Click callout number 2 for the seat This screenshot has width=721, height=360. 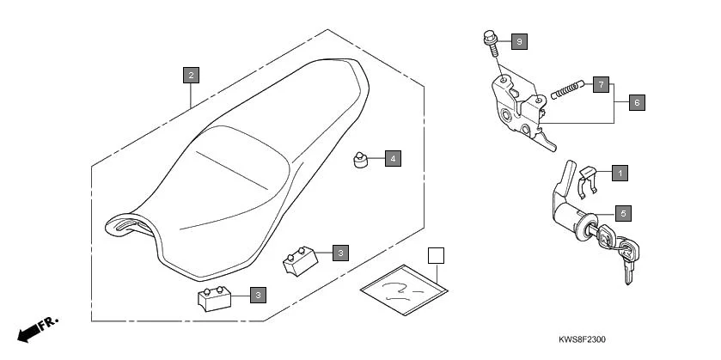click(x=192, y=75)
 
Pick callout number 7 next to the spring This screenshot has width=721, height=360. click(x=601, y=84)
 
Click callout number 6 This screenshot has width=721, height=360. click(x=636, y=102)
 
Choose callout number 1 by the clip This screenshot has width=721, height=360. click(x=619, y=173)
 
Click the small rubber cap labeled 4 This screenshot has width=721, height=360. click(x=361, y=160)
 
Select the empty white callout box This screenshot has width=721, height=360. click(x=437, y=255)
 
